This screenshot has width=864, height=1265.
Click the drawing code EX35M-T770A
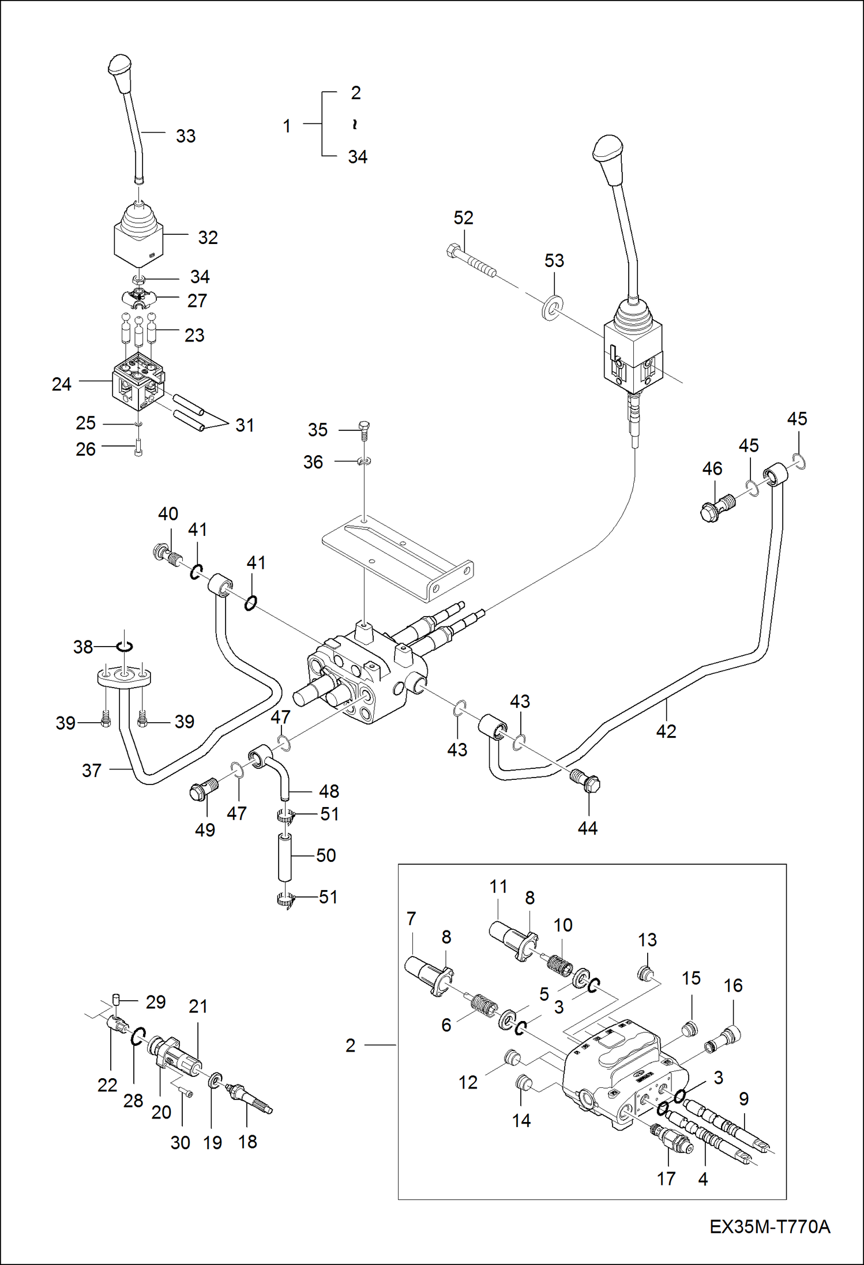769,1226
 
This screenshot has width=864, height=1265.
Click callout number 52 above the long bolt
463,218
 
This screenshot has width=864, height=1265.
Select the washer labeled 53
552,307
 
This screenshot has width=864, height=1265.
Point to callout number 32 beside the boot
208,238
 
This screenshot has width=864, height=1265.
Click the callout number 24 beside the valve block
62,384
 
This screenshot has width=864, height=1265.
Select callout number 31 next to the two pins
245,426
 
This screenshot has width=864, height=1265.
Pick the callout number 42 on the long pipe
666,731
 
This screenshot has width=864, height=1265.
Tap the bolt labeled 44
586,781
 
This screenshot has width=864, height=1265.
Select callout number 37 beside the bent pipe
92,771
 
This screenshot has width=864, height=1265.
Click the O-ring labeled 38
125,647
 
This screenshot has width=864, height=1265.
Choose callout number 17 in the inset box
666,1178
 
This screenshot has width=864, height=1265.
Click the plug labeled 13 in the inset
645,974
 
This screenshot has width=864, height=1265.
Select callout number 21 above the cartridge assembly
198,1007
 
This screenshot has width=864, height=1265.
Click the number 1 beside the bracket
287,126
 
